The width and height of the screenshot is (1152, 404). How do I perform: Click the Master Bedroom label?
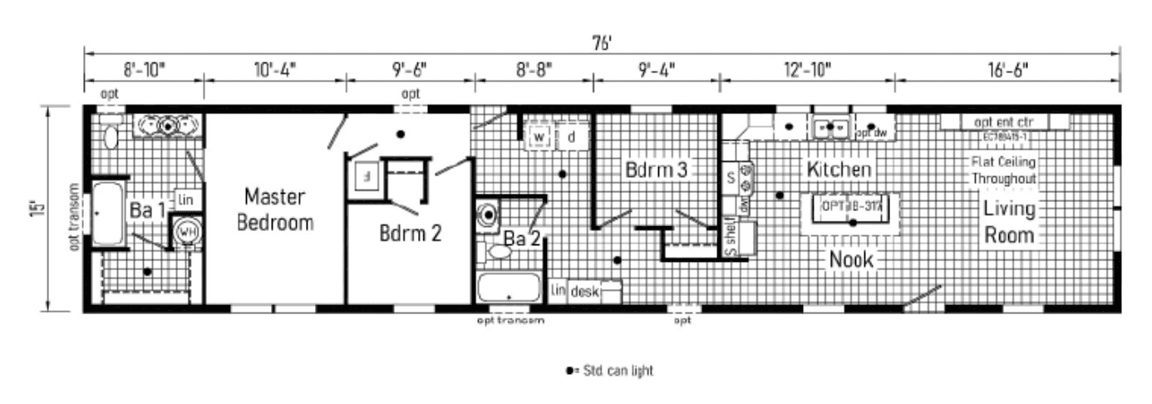(x=274, y=209)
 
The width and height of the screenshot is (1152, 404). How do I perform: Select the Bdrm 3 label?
(x=656, y=170)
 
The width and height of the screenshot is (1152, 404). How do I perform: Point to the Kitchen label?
(x=839, y=170)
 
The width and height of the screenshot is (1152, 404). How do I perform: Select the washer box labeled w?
(x=539, y=136)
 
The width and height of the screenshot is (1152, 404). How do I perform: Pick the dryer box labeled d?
(x=572, y=136)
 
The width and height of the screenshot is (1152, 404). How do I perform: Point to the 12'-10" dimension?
(x=806, y=69)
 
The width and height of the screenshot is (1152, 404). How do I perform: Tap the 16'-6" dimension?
(x=1007, y=69)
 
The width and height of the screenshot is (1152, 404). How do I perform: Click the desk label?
(x=584, y=291)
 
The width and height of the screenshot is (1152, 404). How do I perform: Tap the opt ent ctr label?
(x=1003, y=121)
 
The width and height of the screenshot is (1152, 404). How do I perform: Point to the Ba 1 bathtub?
(x=107, y=214)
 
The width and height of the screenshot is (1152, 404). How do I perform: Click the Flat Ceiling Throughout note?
(x=1004, y=170)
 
